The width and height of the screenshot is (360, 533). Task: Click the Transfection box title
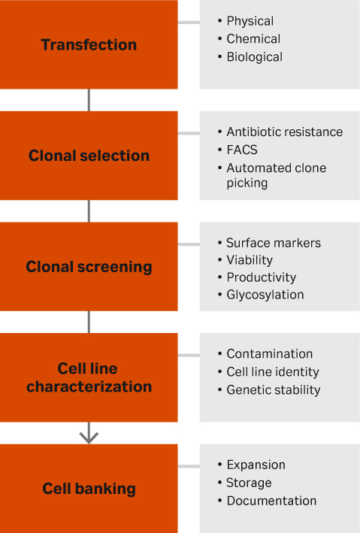click(x=89, y=45)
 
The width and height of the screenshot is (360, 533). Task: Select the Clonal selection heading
click(x=89, y=156)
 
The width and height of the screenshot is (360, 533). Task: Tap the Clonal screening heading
click(x=89, y=267)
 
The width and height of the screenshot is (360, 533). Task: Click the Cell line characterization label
click(x=89, y=378)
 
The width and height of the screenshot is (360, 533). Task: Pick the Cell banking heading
click(x=89, y=489)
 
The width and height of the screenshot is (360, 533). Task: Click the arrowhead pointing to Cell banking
click(x=89, y=435)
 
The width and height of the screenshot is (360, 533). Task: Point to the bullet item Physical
click(x=250, y=21)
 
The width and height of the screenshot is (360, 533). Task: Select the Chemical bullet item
click(x=253, y=39)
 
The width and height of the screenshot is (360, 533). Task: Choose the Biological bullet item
click(x=254, y=57)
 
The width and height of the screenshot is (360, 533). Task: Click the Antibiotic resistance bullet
click(x=284, y=132)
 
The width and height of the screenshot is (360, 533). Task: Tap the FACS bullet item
click(x=241, y=150)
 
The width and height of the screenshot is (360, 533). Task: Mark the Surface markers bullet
click(x=274, y=244)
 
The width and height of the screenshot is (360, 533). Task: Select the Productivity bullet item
click(x=261, y=278)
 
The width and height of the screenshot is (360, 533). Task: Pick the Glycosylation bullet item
click(x=265, y=295)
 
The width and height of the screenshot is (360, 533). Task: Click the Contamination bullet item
click(x=269, y=354)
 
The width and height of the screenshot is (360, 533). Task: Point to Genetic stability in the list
click(x=273, y=390)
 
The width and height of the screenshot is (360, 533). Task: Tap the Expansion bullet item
click(x=256, y=465)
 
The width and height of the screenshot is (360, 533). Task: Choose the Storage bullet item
click(x=249, y=483)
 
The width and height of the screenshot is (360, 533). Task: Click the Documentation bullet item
click(x=271, y=501)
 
